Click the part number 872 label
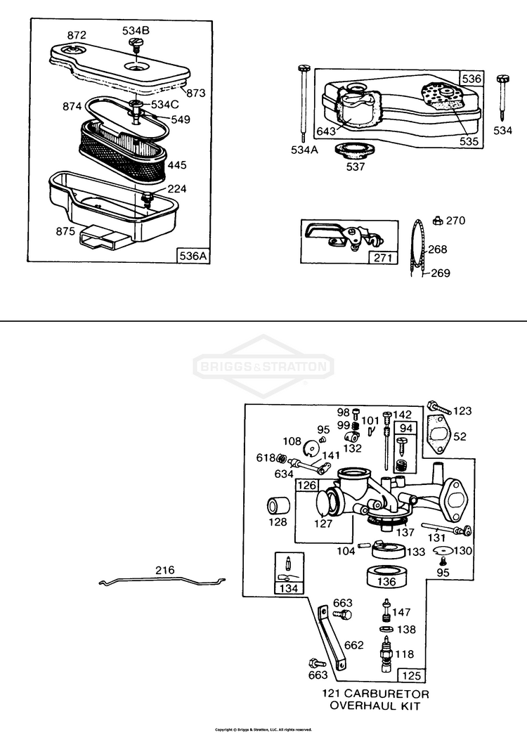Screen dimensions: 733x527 [77, 34]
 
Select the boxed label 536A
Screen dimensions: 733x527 [193, 256]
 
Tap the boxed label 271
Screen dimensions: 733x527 [382, 258]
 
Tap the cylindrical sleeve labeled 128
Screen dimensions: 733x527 [277, 507]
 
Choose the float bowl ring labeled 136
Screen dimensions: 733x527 [386, 576]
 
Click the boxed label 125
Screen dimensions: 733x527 [411, 675]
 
